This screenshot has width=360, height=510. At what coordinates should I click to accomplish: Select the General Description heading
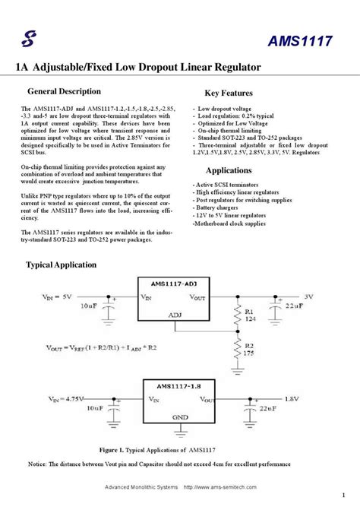point(64,92)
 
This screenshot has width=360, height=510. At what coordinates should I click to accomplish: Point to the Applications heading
point(229,170)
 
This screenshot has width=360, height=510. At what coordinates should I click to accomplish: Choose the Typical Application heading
point(62,265)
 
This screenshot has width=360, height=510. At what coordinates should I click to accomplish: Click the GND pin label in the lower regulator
point(180,417)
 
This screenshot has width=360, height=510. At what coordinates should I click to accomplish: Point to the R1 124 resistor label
point(248,314)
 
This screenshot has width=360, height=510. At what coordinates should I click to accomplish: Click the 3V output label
point(308,296)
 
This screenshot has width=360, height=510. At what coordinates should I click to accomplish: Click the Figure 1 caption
point(163,450)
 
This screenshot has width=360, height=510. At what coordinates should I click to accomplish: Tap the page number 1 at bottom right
point(344,489)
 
